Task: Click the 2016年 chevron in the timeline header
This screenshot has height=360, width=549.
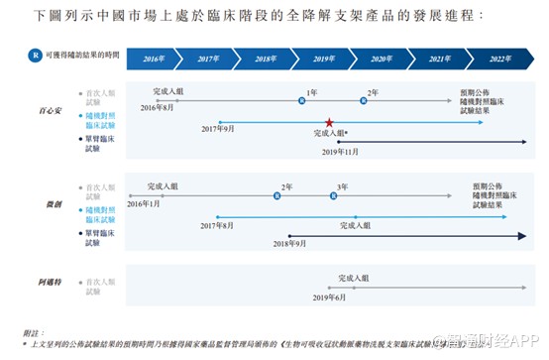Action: [x=155, y=60]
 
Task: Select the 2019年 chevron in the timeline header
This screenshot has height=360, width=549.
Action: [x=325, y=60]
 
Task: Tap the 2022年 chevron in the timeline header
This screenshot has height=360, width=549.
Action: [x=498, y=60]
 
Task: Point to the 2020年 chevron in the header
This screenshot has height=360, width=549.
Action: [x=383, y=60]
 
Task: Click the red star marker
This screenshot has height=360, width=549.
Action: [x=329, y=122]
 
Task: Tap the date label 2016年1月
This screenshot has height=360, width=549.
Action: [x=144, y=203]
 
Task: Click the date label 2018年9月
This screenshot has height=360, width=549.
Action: [x=287, y=243]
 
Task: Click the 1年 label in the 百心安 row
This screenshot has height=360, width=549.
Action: [x=312, y=91]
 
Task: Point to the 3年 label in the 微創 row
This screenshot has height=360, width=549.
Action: [x=342, y=186]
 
